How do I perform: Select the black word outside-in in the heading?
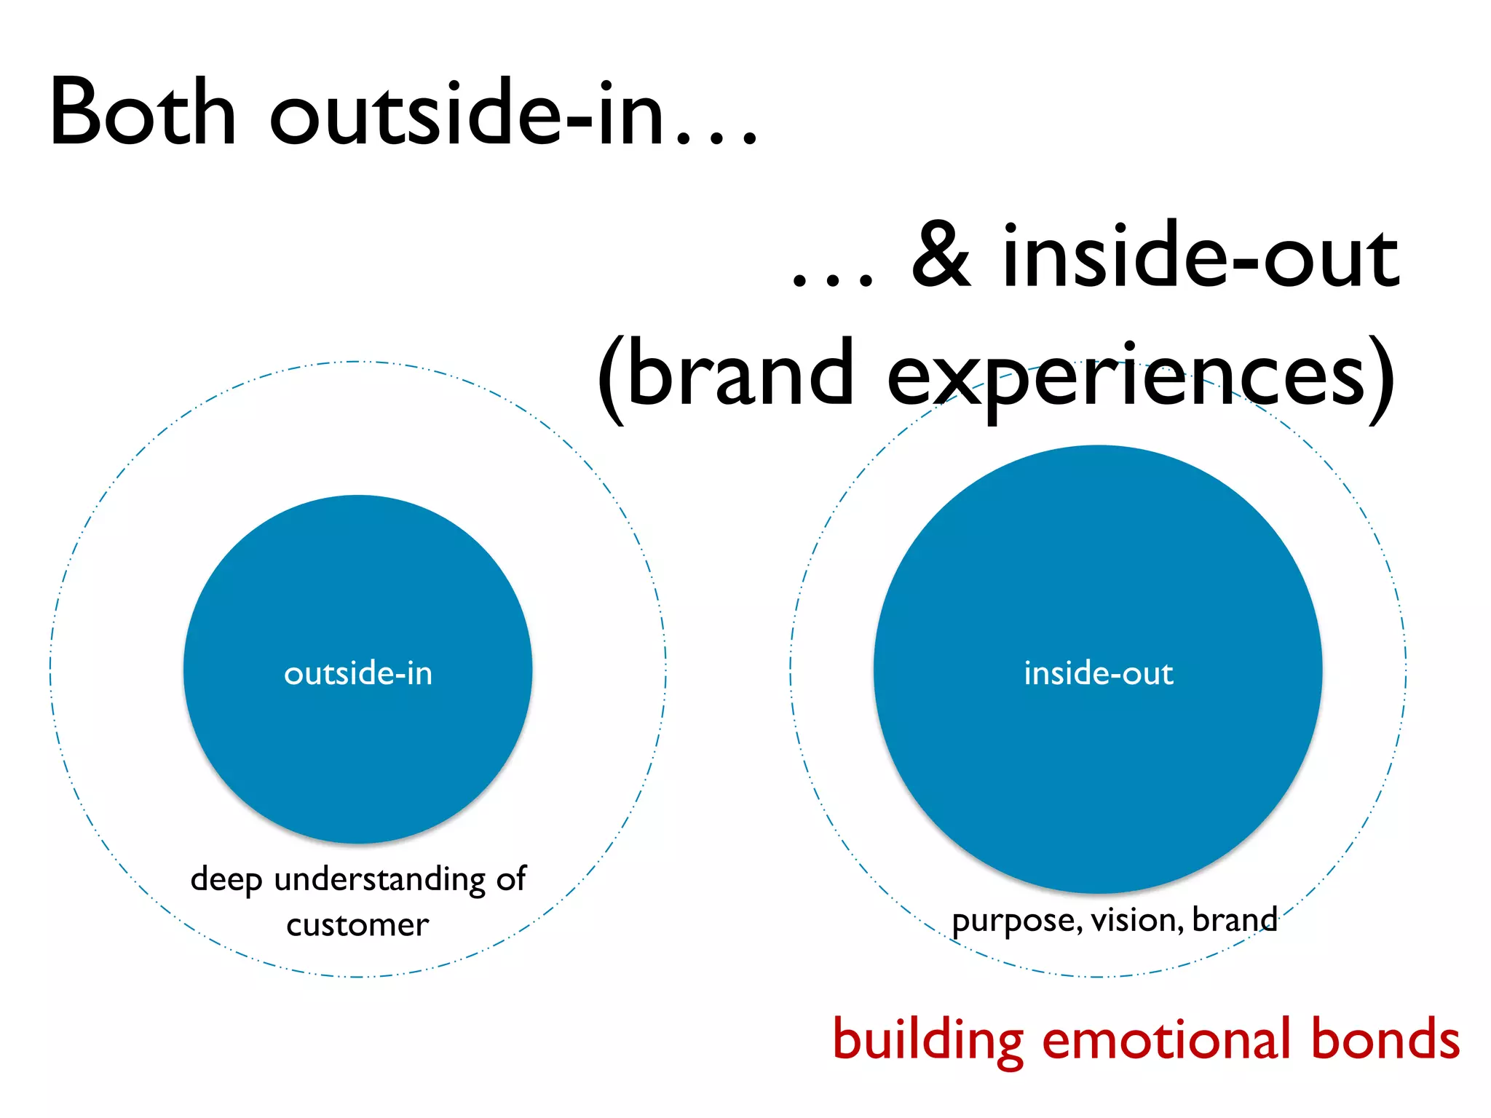coord(467,113)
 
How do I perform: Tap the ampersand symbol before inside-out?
coord(941,255)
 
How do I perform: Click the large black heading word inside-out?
coord(1201,255)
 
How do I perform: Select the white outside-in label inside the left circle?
coord(358,673)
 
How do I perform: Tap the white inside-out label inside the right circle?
coord(1099,673)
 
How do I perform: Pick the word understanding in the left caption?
coord(380,879)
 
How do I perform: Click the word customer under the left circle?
coord(357,925)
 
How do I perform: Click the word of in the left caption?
coord(511,879)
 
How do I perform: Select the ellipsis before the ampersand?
coord(832,281)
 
